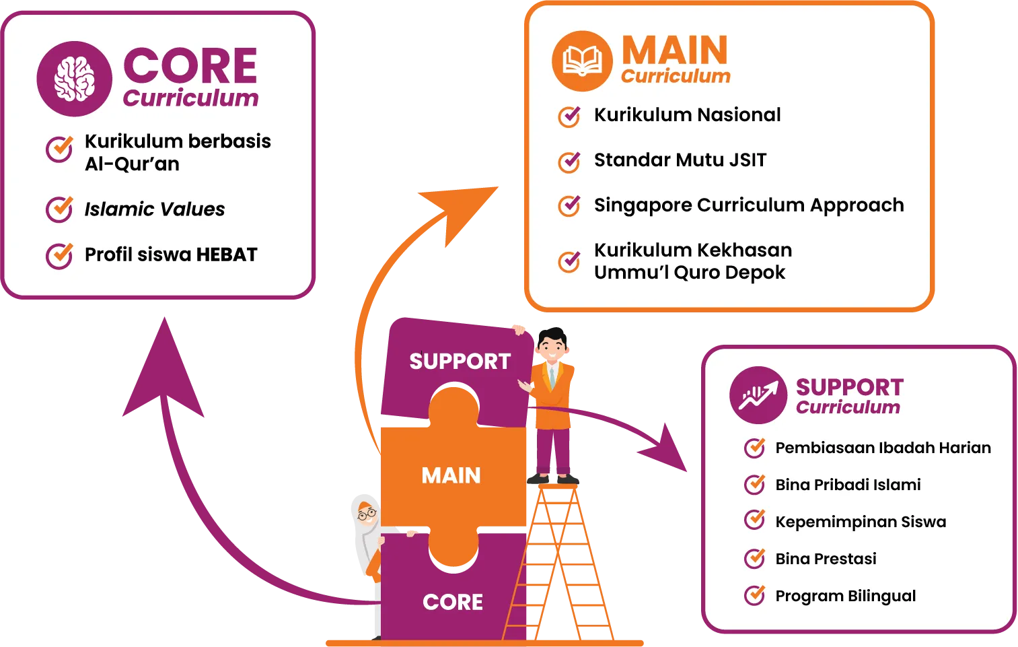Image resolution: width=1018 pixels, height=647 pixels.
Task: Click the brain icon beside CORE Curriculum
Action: point(74,79)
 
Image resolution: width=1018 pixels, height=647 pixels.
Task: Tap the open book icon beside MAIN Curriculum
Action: point(582,61)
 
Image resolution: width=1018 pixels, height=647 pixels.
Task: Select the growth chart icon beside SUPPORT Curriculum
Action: point(758,395)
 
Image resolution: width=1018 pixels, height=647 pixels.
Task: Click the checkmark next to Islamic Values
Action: point(59,209)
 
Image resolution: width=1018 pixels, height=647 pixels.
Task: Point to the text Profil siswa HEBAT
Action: point(171,254)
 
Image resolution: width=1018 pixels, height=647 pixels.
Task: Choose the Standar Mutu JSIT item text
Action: point(680,160)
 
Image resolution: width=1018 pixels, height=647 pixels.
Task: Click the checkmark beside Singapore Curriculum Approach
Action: point(569,205)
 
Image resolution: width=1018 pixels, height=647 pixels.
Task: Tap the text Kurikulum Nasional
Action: point(687,115)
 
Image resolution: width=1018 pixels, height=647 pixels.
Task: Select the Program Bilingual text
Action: point(845,596)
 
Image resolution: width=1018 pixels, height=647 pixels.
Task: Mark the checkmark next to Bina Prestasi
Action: point(755,559)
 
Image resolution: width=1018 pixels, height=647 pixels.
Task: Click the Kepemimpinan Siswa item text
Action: point(861,522)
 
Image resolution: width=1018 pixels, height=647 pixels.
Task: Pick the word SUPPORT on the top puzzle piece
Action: point(460,362)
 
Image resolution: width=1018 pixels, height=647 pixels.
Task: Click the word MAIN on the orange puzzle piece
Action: point(451,476)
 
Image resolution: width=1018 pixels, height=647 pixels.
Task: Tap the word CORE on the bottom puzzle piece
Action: point(453,602)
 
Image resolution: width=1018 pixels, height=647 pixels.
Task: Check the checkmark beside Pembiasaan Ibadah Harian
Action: point(755,448)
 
